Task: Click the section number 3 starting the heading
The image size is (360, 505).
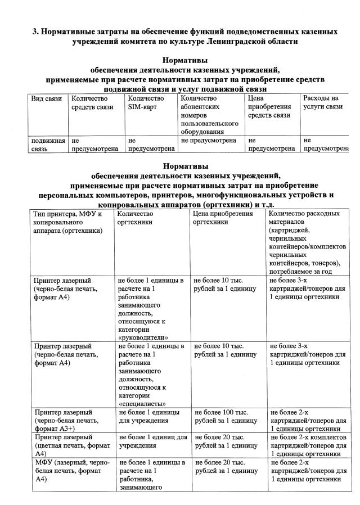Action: click(x=35, y=30)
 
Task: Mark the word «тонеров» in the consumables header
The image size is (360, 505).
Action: click(x=319, y=263)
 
